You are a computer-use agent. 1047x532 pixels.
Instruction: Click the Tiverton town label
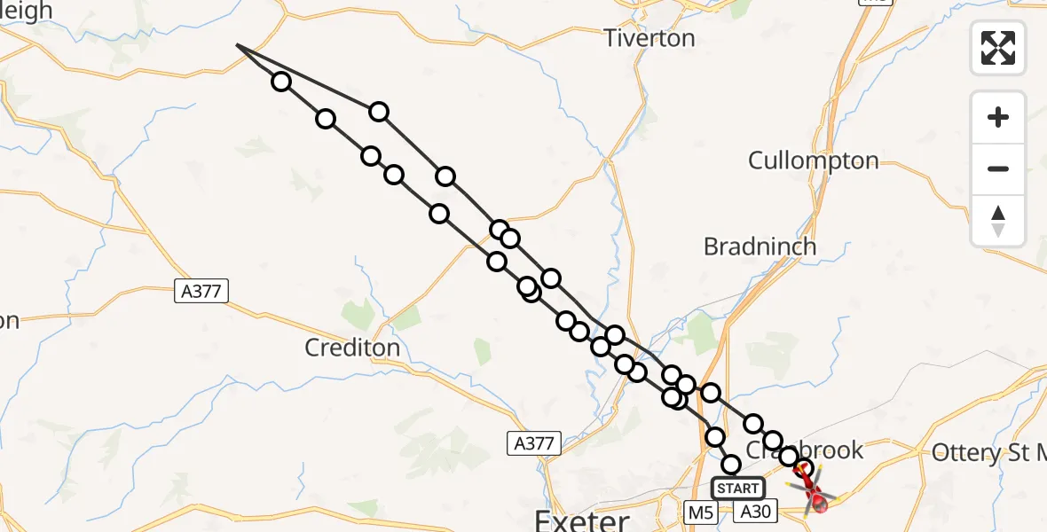click(649, 38)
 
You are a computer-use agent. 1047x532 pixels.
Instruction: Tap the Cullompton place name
click(813, 160)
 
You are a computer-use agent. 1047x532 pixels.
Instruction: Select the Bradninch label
click(760, 246)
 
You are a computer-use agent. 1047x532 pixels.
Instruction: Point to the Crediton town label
click(352, 348)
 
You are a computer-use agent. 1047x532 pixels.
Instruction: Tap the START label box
click(738, 488)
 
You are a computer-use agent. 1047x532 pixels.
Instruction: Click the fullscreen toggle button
click(998, 48)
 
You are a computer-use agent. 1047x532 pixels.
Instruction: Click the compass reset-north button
click(998, 221)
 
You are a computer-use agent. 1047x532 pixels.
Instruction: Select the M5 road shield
click(701, 512)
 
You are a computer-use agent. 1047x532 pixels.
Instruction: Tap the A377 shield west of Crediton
click(201, 290)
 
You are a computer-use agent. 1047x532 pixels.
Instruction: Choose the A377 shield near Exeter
click(534, 443)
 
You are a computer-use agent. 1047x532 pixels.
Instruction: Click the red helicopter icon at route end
click(818, 500)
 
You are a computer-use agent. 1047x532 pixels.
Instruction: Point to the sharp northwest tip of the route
click(237, 44)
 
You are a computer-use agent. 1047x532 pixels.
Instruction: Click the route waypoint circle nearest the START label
click(730, 465)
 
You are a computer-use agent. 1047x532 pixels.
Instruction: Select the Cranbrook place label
click(804, 450)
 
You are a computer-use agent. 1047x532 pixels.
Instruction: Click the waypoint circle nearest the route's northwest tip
click(281, 82)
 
